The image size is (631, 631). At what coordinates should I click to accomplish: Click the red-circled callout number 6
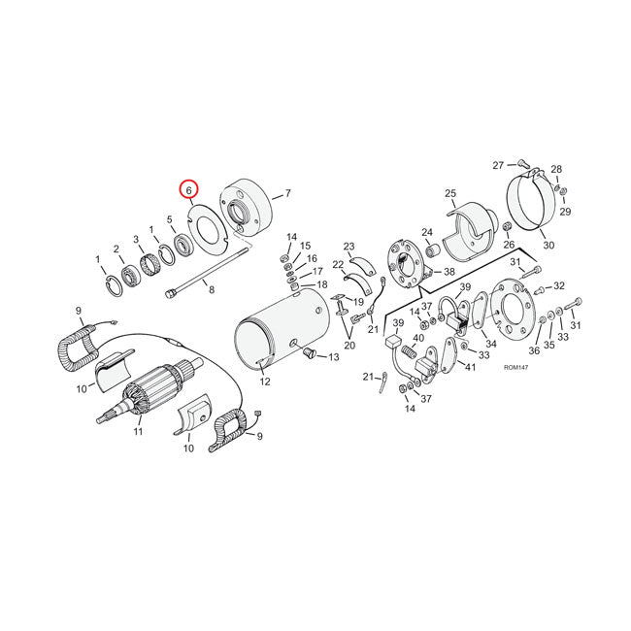pyautogui.click(x=188, y=190)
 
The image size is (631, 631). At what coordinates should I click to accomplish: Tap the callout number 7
pyautogui.click(x=287, y=195)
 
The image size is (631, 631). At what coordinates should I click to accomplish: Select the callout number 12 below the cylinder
pyautogui.click(x=264, y=382)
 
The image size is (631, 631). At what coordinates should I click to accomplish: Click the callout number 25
pyautogui.click(x=450, y=194)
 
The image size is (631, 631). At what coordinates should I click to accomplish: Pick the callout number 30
pyautogui.click(x=548, y=246)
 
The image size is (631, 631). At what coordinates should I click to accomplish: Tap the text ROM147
pyautogui.click(x=517, y=368)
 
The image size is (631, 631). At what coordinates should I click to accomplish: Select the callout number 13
pyautogui.click(x=334, y=357)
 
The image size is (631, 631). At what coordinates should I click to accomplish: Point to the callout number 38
pyautogui.click(x=449, y=272)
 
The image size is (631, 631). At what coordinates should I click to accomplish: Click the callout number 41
pyautogui.click(x=470, y=366)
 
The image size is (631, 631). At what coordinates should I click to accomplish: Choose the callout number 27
pyautogui.click(x=497, y=164)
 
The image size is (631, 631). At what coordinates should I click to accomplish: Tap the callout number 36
pyautogui.click(x=535, y=351)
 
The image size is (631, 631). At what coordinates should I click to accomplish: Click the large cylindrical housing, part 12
pyautogui.click(x=282, y=330)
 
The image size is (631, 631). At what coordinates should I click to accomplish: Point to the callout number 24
pyautogui.click(x=426, y=232)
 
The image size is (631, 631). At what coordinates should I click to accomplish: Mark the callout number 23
pyautogui.click(x=349, y=247)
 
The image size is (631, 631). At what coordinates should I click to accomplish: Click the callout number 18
pyautogui.click(x=321, y=284)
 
